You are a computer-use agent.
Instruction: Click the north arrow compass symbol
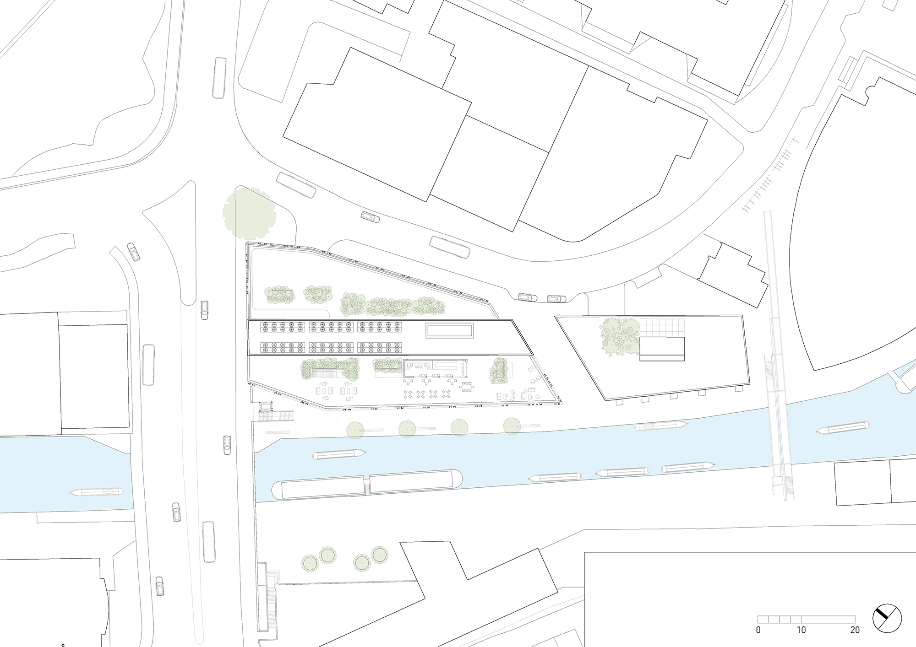887,619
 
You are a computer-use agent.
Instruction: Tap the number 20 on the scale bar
855,630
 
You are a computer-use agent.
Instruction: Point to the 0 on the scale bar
758,630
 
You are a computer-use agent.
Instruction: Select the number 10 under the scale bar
801,630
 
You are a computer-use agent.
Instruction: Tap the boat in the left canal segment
97,492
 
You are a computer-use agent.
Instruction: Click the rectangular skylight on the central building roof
449,330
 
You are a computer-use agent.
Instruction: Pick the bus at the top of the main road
220,78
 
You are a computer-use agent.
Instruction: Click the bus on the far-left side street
148,365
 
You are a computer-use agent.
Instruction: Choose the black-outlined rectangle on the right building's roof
662,349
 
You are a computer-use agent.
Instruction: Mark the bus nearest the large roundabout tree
296,185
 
